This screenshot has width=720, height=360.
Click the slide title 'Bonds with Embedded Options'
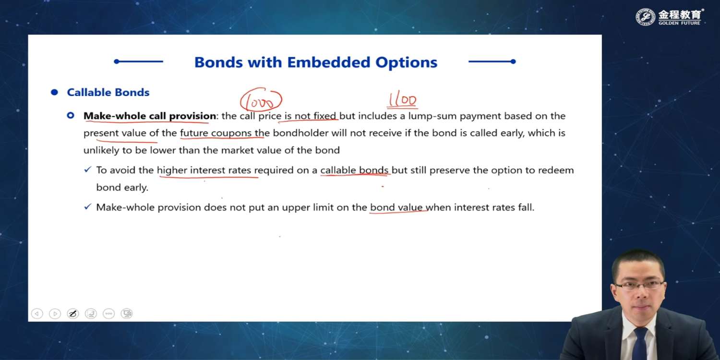316,62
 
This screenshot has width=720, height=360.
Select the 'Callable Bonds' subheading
108,92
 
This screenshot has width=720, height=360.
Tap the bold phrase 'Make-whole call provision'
150,116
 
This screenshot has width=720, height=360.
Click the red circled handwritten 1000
261,100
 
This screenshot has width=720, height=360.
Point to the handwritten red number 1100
402,100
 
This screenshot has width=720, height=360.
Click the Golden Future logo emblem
645,17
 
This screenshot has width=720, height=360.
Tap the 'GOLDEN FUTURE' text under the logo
679,23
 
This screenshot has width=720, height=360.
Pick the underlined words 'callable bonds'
354,170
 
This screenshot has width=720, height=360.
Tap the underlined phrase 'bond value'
396,207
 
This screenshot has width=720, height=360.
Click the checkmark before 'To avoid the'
88,169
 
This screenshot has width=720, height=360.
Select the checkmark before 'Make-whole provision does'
88,207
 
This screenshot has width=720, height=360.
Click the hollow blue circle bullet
71,115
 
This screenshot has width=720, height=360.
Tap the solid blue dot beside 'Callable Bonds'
54,92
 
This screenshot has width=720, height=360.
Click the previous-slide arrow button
37,313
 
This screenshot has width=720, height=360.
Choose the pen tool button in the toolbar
73,313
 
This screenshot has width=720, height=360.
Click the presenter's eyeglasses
640,285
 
